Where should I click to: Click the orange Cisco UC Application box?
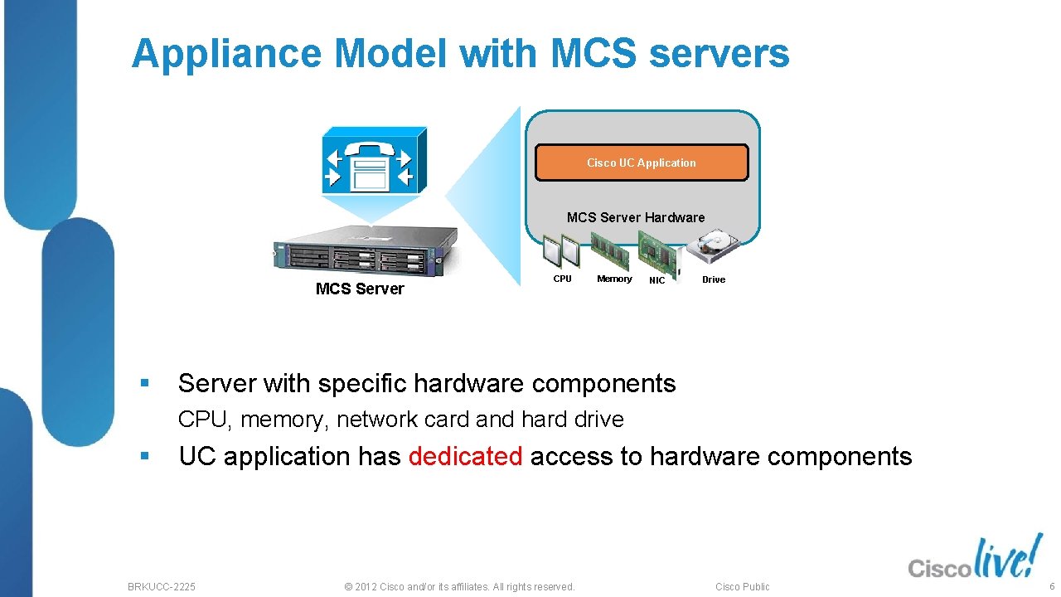641,163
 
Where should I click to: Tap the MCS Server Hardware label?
636,217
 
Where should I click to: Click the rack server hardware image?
365,250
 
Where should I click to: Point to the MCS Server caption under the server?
360,289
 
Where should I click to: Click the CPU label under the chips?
562,279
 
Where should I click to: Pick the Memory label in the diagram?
614,279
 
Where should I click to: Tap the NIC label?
656,280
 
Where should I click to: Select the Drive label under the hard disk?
714,279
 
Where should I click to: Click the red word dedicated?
465,456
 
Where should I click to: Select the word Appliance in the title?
225,54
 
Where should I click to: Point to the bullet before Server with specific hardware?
144,384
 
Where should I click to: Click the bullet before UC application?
144,456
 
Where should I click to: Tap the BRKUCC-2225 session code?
162,586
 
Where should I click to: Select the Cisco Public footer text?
742,586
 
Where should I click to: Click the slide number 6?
1051,586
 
